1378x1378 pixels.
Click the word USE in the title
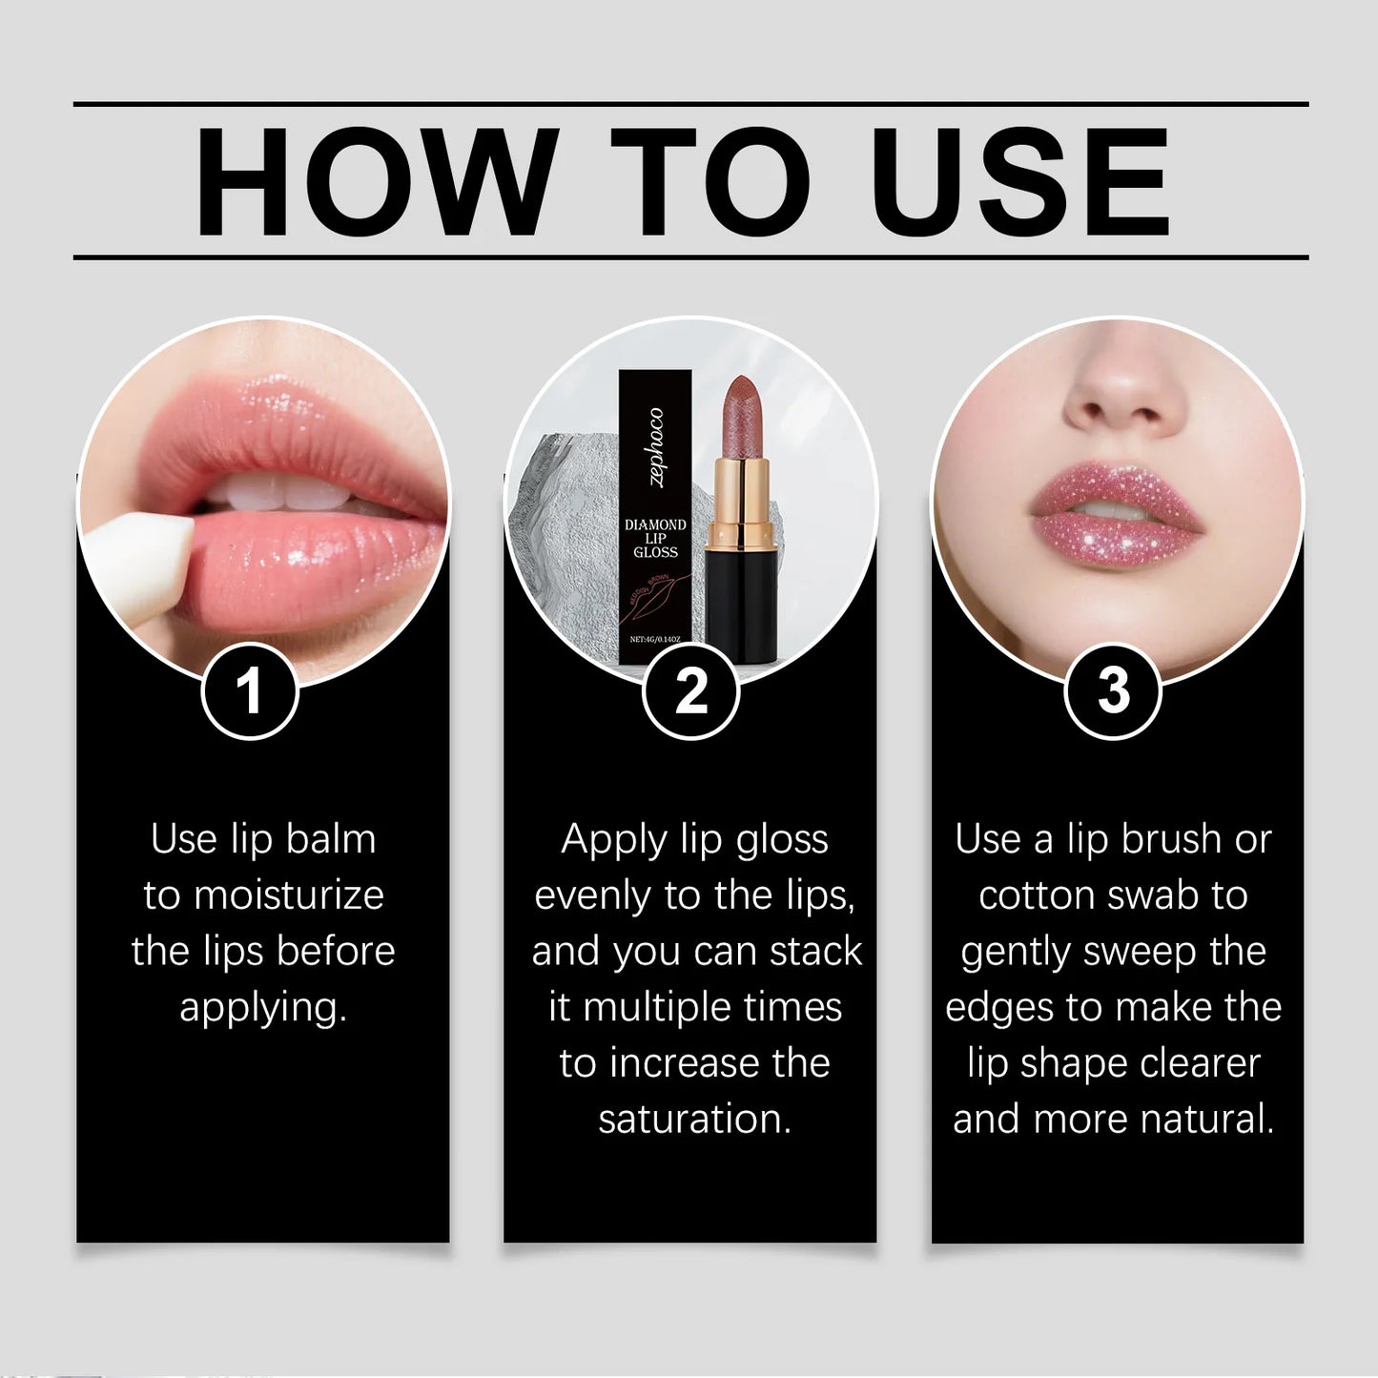[1019, 181]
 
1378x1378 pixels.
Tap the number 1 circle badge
[250, 690]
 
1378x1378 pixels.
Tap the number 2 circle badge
[690, 690]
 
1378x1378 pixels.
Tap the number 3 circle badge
[1113, 690]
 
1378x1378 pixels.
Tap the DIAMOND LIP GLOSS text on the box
[655, 538]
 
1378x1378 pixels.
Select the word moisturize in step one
[289, 895]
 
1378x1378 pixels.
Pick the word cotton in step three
[1038, 895]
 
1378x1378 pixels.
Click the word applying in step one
[262, 1007]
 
